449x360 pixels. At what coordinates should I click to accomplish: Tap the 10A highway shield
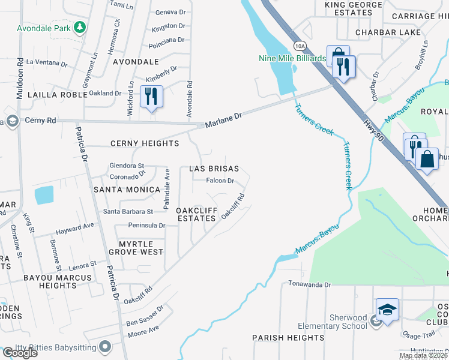[299, 46]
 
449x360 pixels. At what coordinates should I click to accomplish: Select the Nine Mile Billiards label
[292, 58]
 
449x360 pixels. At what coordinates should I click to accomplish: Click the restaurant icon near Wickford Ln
[151, 96]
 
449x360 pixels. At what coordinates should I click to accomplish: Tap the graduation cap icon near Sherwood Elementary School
[387, 310]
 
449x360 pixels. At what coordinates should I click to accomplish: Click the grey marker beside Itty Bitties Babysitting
[106, 347]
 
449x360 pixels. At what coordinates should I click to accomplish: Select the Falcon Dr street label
[220, 181]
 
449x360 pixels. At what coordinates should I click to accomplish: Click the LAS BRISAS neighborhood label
[214, 169]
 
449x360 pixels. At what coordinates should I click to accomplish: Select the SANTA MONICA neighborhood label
[127, 190]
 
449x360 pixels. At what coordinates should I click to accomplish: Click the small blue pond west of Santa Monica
[43, 196]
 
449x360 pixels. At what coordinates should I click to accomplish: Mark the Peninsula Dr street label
[146, 226]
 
